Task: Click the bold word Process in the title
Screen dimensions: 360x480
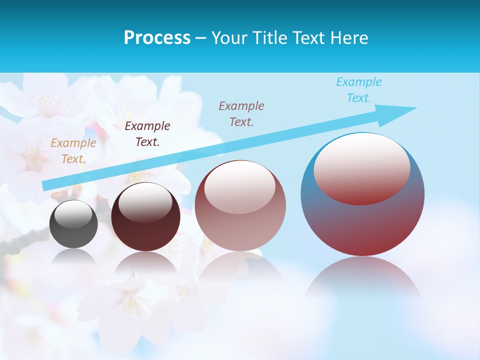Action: coord(157,38)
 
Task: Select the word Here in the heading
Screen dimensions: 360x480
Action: coord(348,38)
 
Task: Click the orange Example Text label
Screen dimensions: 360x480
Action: coord(73,151)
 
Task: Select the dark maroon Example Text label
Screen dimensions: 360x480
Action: coord(147,134)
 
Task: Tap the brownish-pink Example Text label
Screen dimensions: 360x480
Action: coord(241,114)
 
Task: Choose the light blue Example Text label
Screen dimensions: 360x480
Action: coord(359,90)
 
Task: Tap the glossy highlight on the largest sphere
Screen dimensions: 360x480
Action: coord(361,167)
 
